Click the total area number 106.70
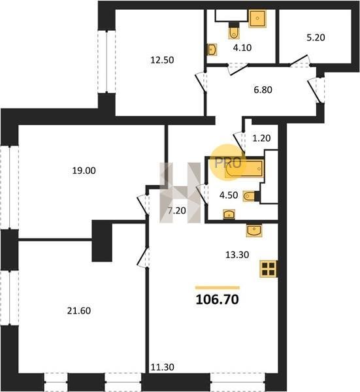click(x=218, y=299)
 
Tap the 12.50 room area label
click(x=162, y=60)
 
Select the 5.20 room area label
click(x=316, y=37)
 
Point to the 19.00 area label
click(x=84, y=171)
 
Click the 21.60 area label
click(x=79, y=310)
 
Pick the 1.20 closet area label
click(x=261, y=138)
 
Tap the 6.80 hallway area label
click(x=263, y=90)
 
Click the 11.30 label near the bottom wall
click(x=163, y=367)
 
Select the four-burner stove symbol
click(x=269, y=269)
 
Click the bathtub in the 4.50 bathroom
click(x=244, y=169)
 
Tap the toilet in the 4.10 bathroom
click(x=234, y=32)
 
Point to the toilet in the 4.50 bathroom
click(x=249, y=196)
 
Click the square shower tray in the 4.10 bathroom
click(x=257, y=18)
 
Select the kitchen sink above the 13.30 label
click(x=254, y=230)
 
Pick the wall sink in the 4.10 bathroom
click(x=212, y=50)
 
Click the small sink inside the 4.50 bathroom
click(x=229, y=214)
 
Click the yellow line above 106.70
click(x=218, y=287)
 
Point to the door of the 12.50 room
click(x=201, y=82)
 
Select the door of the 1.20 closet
click(x=239, y=142)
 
